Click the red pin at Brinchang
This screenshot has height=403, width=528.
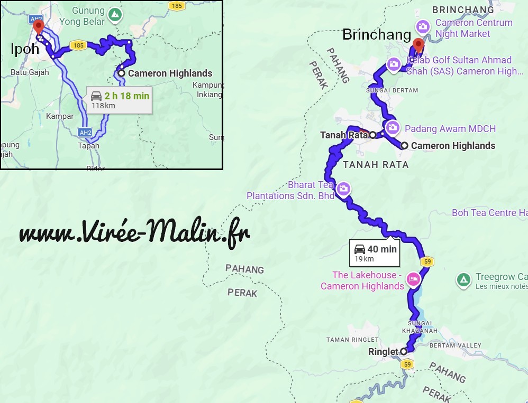(x=418, y=44)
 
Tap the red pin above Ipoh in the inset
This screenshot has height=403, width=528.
(x=38, y=26)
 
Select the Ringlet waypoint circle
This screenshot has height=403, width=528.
(x=403, y=351)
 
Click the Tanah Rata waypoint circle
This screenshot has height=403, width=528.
(x=372, y=135)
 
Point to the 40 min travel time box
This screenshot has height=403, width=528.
(x=375, y=252)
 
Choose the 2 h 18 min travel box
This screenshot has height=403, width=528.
(x=120, y=100)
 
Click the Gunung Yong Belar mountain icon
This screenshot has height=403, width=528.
(x=114, y=15)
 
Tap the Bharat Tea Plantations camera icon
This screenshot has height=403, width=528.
(x=343, y=189)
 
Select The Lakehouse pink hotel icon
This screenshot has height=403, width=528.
(x=413, y=279)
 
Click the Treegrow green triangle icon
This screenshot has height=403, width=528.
(x=463, y=279)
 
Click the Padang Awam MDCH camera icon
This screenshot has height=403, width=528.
(x=393, y=127)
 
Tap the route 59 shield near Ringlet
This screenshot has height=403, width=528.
(x=406, y=364)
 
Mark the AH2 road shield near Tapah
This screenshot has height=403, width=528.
(x=84, y=132)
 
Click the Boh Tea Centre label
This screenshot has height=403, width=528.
(x=489, y=213)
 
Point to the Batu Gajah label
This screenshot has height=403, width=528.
(x=30, y=72)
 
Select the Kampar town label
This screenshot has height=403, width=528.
(x=60, y=116)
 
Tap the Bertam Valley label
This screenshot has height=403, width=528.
(x=456, y=345)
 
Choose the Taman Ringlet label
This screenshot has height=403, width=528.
(x=352, y=339)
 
